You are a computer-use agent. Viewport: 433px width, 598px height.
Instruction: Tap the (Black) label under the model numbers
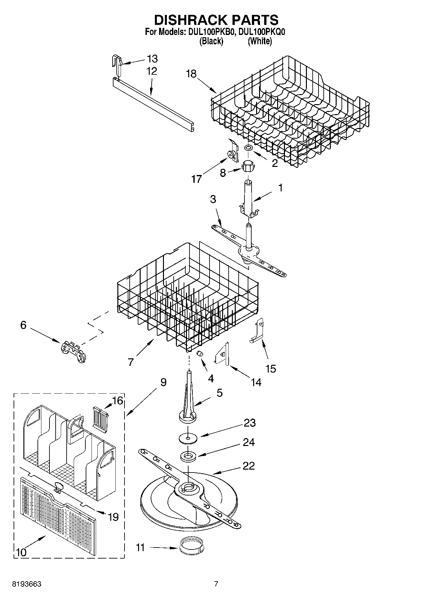point(211,41)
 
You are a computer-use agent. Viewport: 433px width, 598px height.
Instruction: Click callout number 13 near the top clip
point(152,59)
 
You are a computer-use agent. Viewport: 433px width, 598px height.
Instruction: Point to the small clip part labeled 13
point(117,65)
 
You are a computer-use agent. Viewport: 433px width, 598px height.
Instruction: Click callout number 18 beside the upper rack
point(191,74)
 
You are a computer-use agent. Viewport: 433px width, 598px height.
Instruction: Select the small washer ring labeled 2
point(248,148)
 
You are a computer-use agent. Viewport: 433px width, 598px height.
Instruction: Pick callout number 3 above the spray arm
point(213,199)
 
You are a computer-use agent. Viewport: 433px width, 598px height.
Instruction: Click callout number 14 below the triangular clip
point(256,382)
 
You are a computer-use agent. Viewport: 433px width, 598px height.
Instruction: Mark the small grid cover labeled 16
point(100,417)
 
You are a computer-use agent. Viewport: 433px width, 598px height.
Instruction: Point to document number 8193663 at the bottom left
point(26,584)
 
